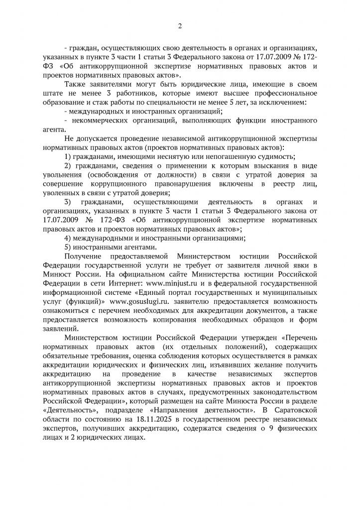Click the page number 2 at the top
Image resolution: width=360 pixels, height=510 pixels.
180,26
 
